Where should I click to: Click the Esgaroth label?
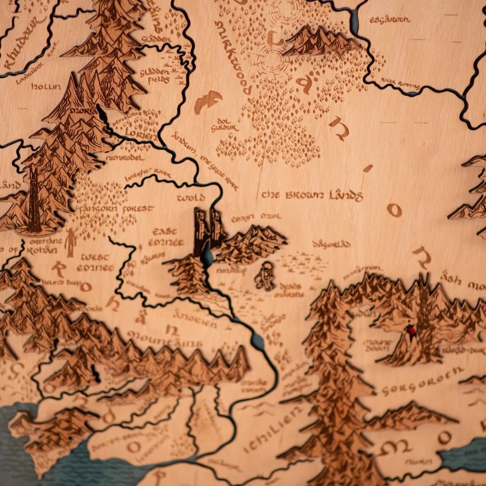(x=390, y=20)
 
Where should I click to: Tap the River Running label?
(x=400, y=84)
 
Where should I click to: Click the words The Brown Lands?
(x=312, y=195)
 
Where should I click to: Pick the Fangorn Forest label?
(x=119, y=209)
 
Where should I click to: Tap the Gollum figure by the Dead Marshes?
(x=265, y=276)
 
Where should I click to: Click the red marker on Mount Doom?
(x=412, y=332)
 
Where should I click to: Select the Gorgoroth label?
(x=422, y=381)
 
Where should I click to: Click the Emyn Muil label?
(x=256, y=217)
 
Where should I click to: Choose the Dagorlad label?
(x=332, y=244)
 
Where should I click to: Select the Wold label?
(x=191, y=198)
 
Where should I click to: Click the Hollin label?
(x=46, y=87)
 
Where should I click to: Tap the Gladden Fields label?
(x=155, y=74)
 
